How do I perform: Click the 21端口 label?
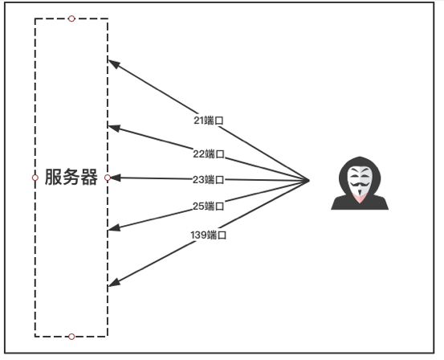click(x=209, y=121)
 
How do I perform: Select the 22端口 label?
click(x=209, y=154)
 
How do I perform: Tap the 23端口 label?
click(x=209, y=179)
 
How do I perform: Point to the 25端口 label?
click(x=209, y=206)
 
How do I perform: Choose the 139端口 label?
click(x=209, y=235)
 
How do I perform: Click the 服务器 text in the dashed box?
click(x=71, y=177)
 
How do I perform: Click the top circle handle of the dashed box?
click(x=71, y=18)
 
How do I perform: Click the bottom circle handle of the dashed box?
click(x=71, y=337)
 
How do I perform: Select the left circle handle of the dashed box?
click(x=35, y=178)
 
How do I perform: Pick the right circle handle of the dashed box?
click(x=108, y=178)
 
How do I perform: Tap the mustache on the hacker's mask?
click(x=360, y=185)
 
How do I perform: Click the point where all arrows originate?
click(x=309, y=180)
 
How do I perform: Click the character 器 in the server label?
click(x=89, y=177)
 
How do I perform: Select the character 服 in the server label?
click(x=53, y=177)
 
